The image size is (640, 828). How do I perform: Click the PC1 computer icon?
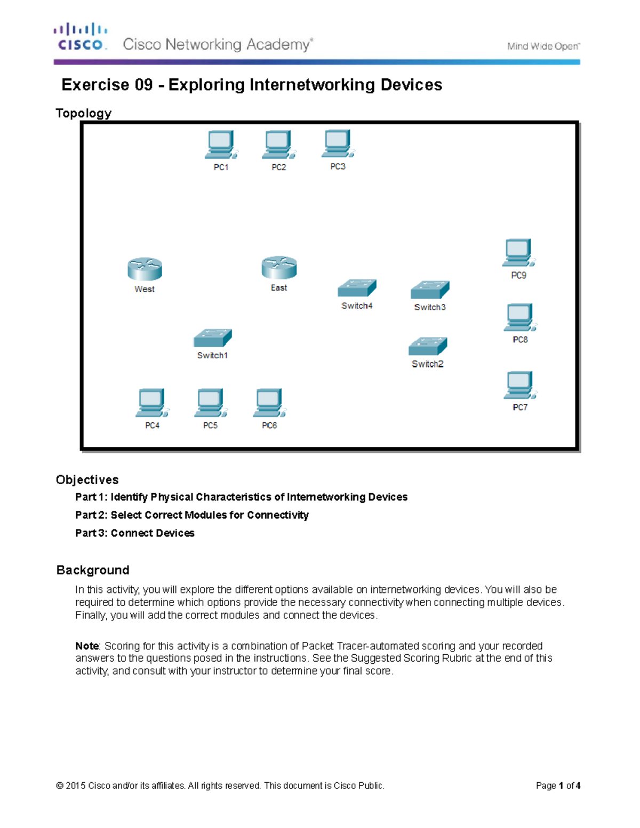pos(220,145)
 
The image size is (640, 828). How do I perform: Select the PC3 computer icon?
pos(337,144)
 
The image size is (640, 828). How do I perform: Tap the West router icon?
pos(145,269)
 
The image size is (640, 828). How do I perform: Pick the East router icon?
pos(279,268)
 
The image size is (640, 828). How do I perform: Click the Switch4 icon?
pos(357,288)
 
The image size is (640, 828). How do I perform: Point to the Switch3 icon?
pos(430,290)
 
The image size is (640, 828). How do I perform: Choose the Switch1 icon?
pos(212,338)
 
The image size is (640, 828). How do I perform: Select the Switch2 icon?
pos(428,347)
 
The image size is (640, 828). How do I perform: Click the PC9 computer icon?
pos(518,253)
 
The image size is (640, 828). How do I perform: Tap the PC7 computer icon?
pos(519,385)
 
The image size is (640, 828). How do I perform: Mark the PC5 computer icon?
pos(210,403)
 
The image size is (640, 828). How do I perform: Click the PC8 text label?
pos(520,340)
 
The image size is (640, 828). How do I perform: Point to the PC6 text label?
pos(269,425)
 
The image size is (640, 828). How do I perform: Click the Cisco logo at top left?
pos(81,37)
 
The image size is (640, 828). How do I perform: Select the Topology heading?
pos(84,113)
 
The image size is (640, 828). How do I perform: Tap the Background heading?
pos(93,570)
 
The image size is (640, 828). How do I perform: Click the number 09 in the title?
pos(143,85)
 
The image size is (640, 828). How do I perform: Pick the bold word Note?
pos(87,646)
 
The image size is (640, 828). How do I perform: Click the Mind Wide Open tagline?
pos(543,46)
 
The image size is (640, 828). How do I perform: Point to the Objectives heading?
pos(87,480)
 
